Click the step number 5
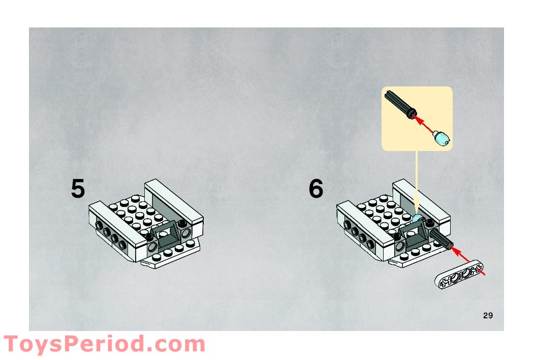(78, 188)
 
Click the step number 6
(316, 188)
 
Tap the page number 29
(488, 315)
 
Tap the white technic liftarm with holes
(459, 274)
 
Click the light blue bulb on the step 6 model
(417, 219)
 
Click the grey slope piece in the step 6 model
(414, 232)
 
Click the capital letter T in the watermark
(12, 344)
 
